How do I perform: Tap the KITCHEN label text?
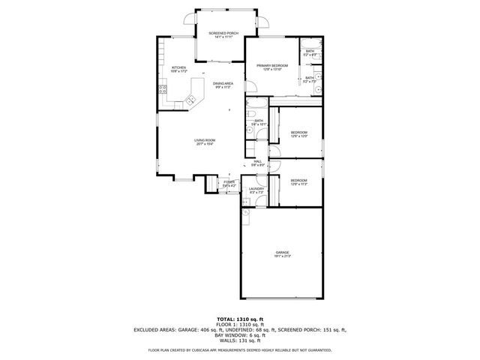click(x=178, y=67)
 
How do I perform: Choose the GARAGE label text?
click(x=282, y=252)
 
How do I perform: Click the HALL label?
click(x=257, y=161)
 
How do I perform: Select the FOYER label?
click(x=229, y=181)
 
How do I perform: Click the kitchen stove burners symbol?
click(x=163, y=90)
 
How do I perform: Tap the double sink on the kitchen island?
click(x=190, y=97)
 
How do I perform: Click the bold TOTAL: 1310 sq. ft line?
click(x=239, y=319)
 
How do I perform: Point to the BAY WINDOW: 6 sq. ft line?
click(x=239, y=334)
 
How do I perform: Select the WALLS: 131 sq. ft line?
click(x=239, y=340)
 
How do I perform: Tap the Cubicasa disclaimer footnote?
click(x=239, y=349)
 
